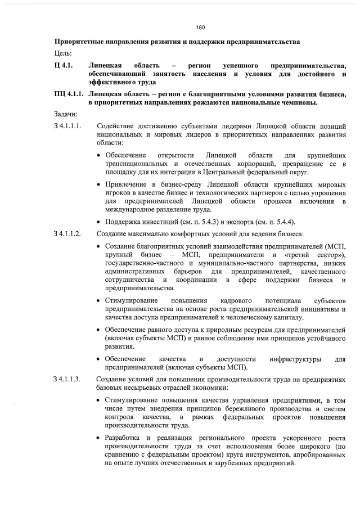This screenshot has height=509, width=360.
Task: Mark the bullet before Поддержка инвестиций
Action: point(99,220)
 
